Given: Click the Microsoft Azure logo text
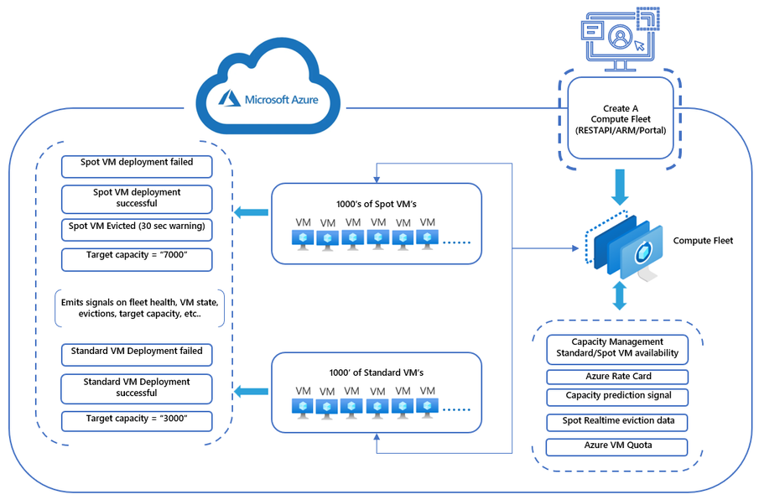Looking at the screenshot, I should [281, 100].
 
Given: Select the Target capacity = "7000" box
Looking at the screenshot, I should [137, 257].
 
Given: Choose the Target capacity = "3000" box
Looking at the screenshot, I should [137, 419].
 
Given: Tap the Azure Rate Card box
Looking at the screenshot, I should [617, 377].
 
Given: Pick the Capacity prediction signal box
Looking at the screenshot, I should [617, 397].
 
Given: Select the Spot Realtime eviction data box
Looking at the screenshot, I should [617, 421].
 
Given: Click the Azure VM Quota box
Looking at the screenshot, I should [617, 446].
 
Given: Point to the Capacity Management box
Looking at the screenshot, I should [617, 347].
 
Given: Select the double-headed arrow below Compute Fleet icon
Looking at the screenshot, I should [621, 295].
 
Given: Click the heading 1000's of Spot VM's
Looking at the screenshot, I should [376, 204].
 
